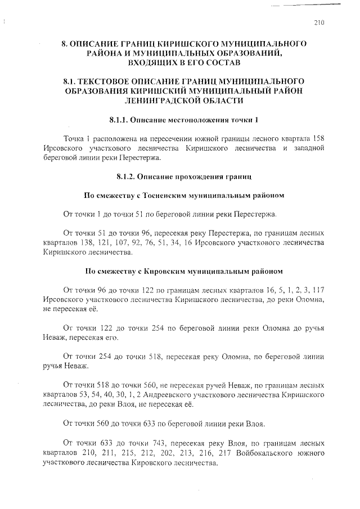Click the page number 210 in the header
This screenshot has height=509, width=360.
point(319,22)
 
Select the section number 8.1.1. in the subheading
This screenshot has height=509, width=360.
point(119,120)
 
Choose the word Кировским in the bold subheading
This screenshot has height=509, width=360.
point(160,271)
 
